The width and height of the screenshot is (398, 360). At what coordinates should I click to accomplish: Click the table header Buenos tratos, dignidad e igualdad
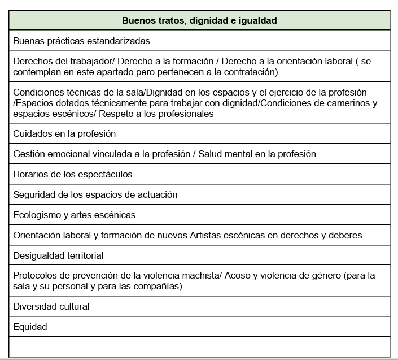(x=199, y=20)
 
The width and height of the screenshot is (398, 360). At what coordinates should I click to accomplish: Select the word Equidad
(x=30, y=327)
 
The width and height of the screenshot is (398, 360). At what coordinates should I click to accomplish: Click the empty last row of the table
(x=199, y=346)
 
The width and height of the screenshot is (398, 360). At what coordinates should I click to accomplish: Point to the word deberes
(x=346, y=235)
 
